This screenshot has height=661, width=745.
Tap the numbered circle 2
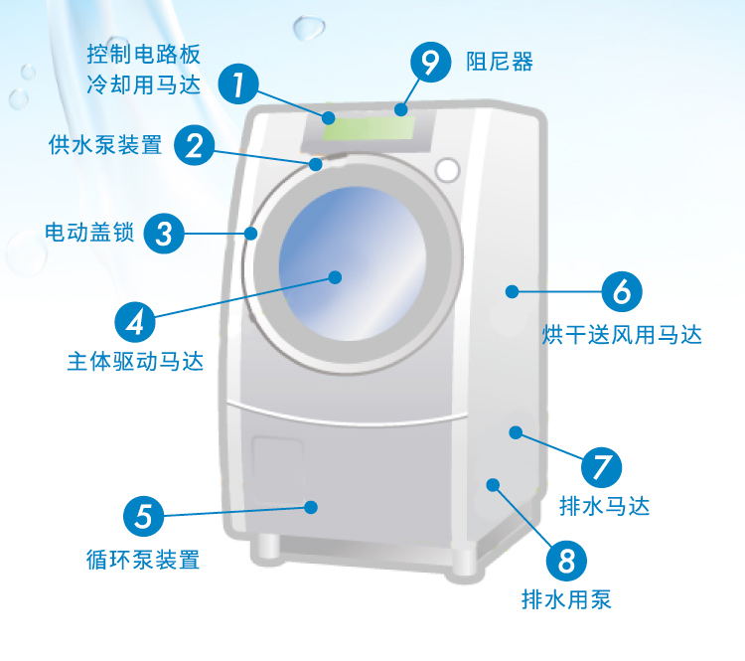(195, 146)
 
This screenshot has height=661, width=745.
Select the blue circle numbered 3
(165, 234)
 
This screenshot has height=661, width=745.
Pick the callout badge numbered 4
(135, 320)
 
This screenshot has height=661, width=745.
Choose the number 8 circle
(566, 559)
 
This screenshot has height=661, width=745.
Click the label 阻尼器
(500, 63)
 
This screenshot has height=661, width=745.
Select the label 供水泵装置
(104, 146)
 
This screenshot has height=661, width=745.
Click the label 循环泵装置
(143, 560)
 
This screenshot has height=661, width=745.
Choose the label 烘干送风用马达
(622, 335)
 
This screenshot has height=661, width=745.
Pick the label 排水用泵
(566, 600)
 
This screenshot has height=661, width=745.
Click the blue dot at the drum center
(334, 277)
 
